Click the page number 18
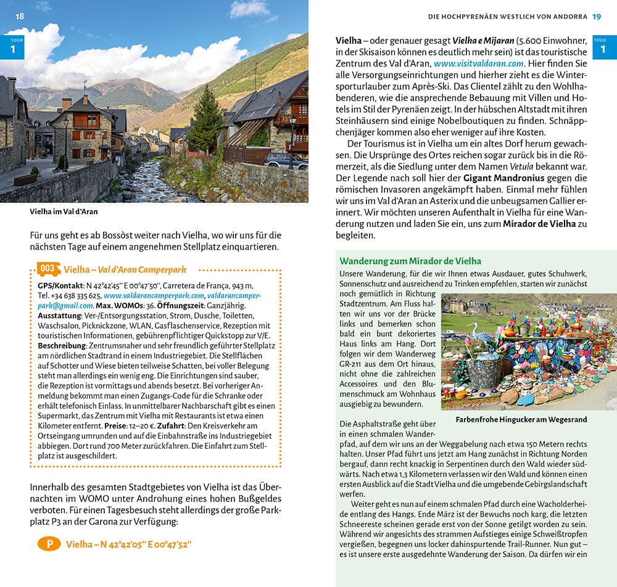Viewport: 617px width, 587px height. tap(20, 16)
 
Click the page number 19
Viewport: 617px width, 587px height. tap(596, 16)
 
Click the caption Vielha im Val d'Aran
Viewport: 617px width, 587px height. tap(64, 211)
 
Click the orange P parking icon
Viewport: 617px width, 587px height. tap(48, 543)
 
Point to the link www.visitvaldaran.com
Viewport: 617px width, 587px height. tap(479, 63)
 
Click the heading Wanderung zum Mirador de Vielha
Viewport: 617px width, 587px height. tap(410, 261)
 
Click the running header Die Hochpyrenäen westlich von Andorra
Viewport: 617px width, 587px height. tap(507, 16)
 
